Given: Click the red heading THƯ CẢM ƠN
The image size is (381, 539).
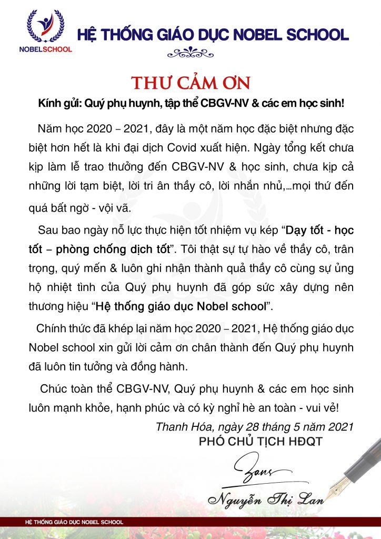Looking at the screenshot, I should tap(190, 84).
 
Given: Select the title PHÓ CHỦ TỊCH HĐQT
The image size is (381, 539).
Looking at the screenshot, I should tap(260, 441).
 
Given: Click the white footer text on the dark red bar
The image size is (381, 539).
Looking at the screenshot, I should tap(71, 522).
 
